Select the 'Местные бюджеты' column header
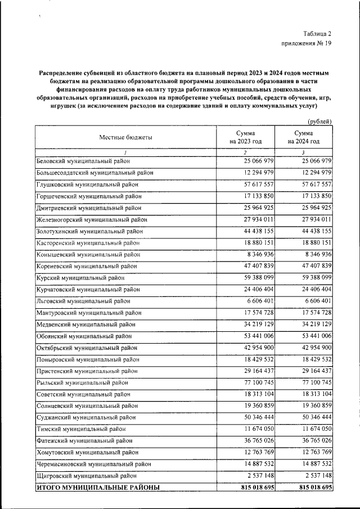click(x=126, y=137)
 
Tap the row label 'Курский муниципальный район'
click(x=80, y=278)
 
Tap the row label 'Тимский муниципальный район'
click(x=81, y=429)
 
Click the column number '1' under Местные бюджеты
click(x=126, y=152)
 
